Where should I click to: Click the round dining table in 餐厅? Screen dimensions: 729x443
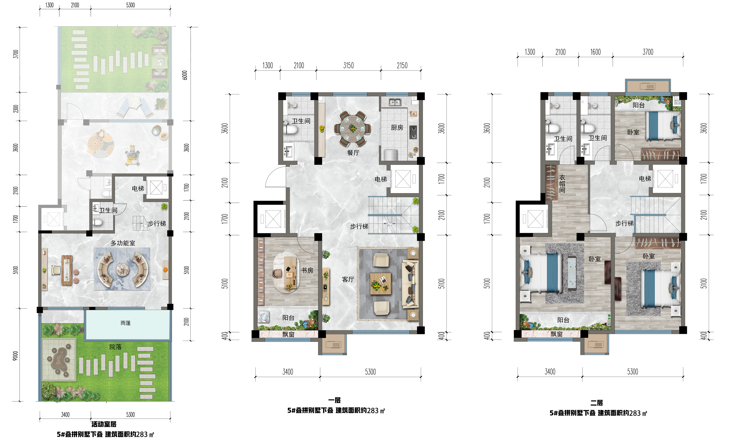coord(353,129)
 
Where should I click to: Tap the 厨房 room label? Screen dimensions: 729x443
coord(397,128)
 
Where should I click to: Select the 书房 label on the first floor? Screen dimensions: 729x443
coord(307,270)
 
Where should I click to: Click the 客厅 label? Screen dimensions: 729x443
coord(348,279)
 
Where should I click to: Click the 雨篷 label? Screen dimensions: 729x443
coord(125,323)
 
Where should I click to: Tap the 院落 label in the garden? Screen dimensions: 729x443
coord(115,347)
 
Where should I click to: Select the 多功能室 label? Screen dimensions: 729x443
coord(123,243)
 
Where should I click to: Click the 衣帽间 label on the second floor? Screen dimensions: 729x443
coord(562,184)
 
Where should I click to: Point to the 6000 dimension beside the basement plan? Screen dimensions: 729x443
coord(185,75)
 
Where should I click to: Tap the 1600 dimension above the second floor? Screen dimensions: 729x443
coord(596,52)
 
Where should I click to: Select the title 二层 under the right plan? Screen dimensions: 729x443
coord(597,403)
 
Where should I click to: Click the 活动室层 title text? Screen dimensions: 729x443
coord(104,424)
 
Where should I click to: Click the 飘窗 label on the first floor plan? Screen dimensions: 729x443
coord(288,334)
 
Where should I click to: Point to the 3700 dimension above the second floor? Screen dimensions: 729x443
coord(648,52)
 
